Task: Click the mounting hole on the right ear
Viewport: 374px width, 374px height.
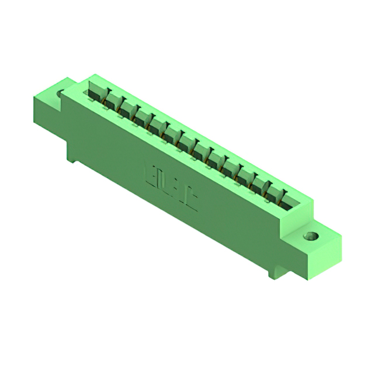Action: (x=311, y=237)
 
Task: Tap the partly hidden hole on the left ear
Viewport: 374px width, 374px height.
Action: (x=60, y=92)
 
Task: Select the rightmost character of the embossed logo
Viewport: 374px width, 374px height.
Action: (x=192, y=201)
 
